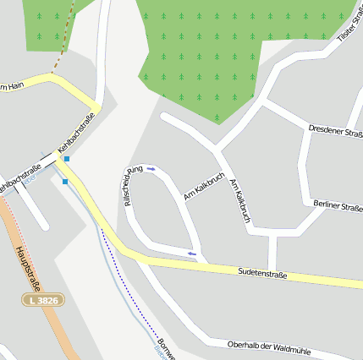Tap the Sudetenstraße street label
click(263, 274)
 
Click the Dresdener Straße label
click(335, 129)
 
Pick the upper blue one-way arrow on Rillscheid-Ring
click(151, 169)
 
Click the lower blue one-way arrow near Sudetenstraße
click(192, 253)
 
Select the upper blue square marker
click(67, 158)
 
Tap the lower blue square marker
click(64, 181)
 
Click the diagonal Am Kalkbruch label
click(204, 187)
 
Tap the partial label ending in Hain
click(10, 85)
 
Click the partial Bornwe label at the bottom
click(166, 348)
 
